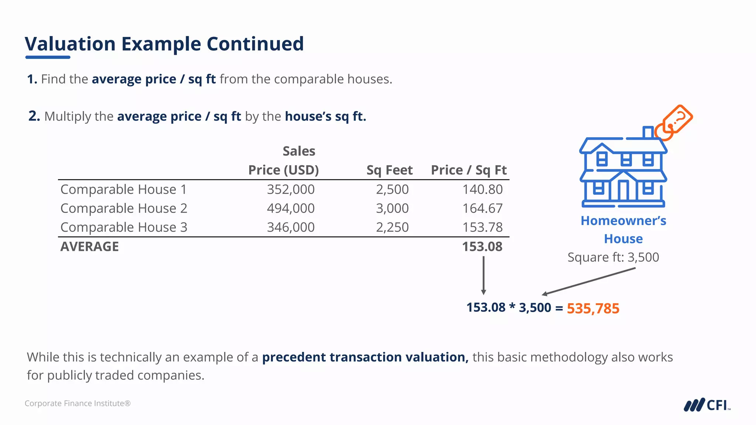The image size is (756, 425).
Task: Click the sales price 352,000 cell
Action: tap(291, 189)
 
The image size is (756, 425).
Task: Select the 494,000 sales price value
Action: tap(291, 208)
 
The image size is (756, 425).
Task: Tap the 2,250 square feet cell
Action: tap(392, 227)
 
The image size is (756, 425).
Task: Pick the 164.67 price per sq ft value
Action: tap(482, 208)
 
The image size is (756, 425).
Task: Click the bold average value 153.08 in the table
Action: tap(482, 246)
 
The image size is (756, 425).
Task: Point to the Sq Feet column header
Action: tap(389, 170)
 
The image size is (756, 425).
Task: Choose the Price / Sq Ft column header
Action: tap(469, 170)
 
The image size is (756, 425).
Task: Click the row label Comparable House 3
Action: tap(124, 227)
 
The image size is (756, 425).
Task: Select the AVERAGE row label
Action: tap(90, 246)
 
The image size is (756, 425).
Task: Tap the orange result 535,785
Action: tap(593, 308)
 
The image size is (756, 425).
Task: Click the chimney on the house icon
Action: tap(648, 132)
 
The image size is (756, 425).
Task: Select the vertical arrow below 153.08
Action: tap(484, 275)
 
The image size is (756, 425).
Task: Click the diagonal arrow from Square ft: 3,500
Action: tap(589, 281)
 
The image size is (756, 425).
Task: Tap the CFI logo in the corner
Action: tap(707, 405)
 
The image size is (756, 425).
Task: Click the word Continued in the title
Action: tap(255, 44)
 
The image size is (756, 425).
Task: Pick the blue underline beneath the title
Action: tap(48, 57)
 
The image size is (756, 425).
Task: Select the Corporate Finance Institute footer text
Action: tap(78, 403)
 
